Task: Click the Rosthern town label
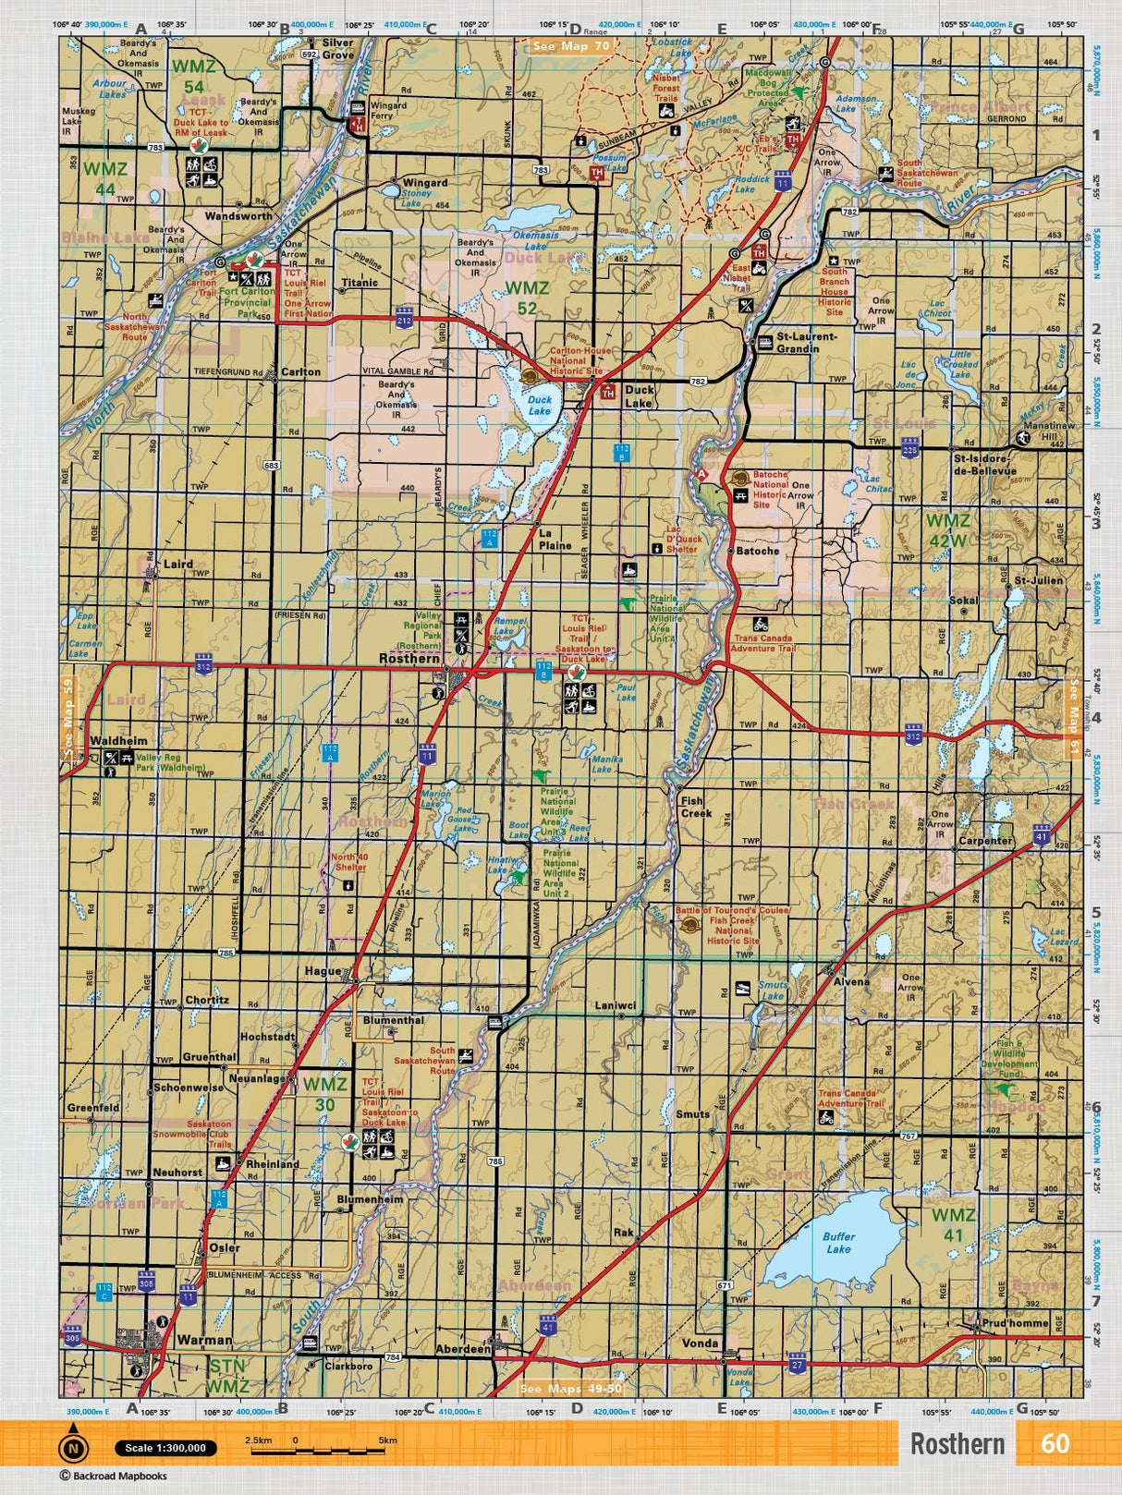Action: point(409,659)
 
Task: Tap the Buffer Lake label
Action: point(838,1243)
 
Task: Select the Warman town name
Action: point(204,1340)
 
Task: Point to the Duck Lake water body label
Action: point(539,406)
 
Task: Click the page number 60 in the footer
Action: point(1055,1443)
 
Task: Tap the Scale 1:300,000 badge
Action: point(166,1448)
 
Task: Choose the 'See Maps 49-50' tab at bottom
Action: point(571,1389)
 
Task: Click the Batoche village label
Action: point(758,551)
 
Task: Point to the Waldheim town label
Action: point(118,741)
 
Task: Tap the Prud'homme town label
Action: point(1016,1323)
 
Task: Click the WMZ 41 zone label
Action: point(953,1224)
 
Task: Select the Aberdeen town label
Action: point(463,1349)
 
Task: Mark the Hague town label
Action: point(323,971)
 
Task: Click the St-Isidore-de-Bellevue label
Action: point(984,464)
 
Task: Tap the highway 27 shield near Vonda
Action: point(798,1364)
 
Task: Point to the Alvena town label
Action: point(851,982)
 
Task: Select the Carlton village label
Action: point(300,372)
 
